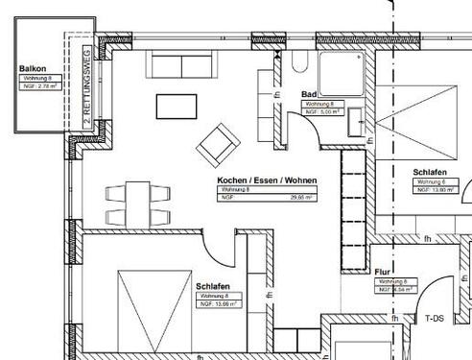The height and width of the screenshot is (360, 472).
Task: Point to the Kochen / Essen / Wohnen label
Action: coord(267,180)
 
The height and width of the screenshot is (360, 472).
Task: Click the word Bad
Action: coord(309,94)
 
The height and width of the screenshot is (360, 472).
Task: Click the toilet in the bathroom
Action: coord(295,64)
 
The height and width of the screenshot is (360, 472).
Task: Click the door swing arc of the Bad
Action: coord(305,128)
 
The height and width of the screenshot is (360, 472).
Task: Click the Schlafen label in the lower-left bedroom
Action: coord(211,286)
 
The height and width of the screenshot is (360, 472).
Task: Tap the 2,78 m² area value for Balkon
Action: coord(46,86)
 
